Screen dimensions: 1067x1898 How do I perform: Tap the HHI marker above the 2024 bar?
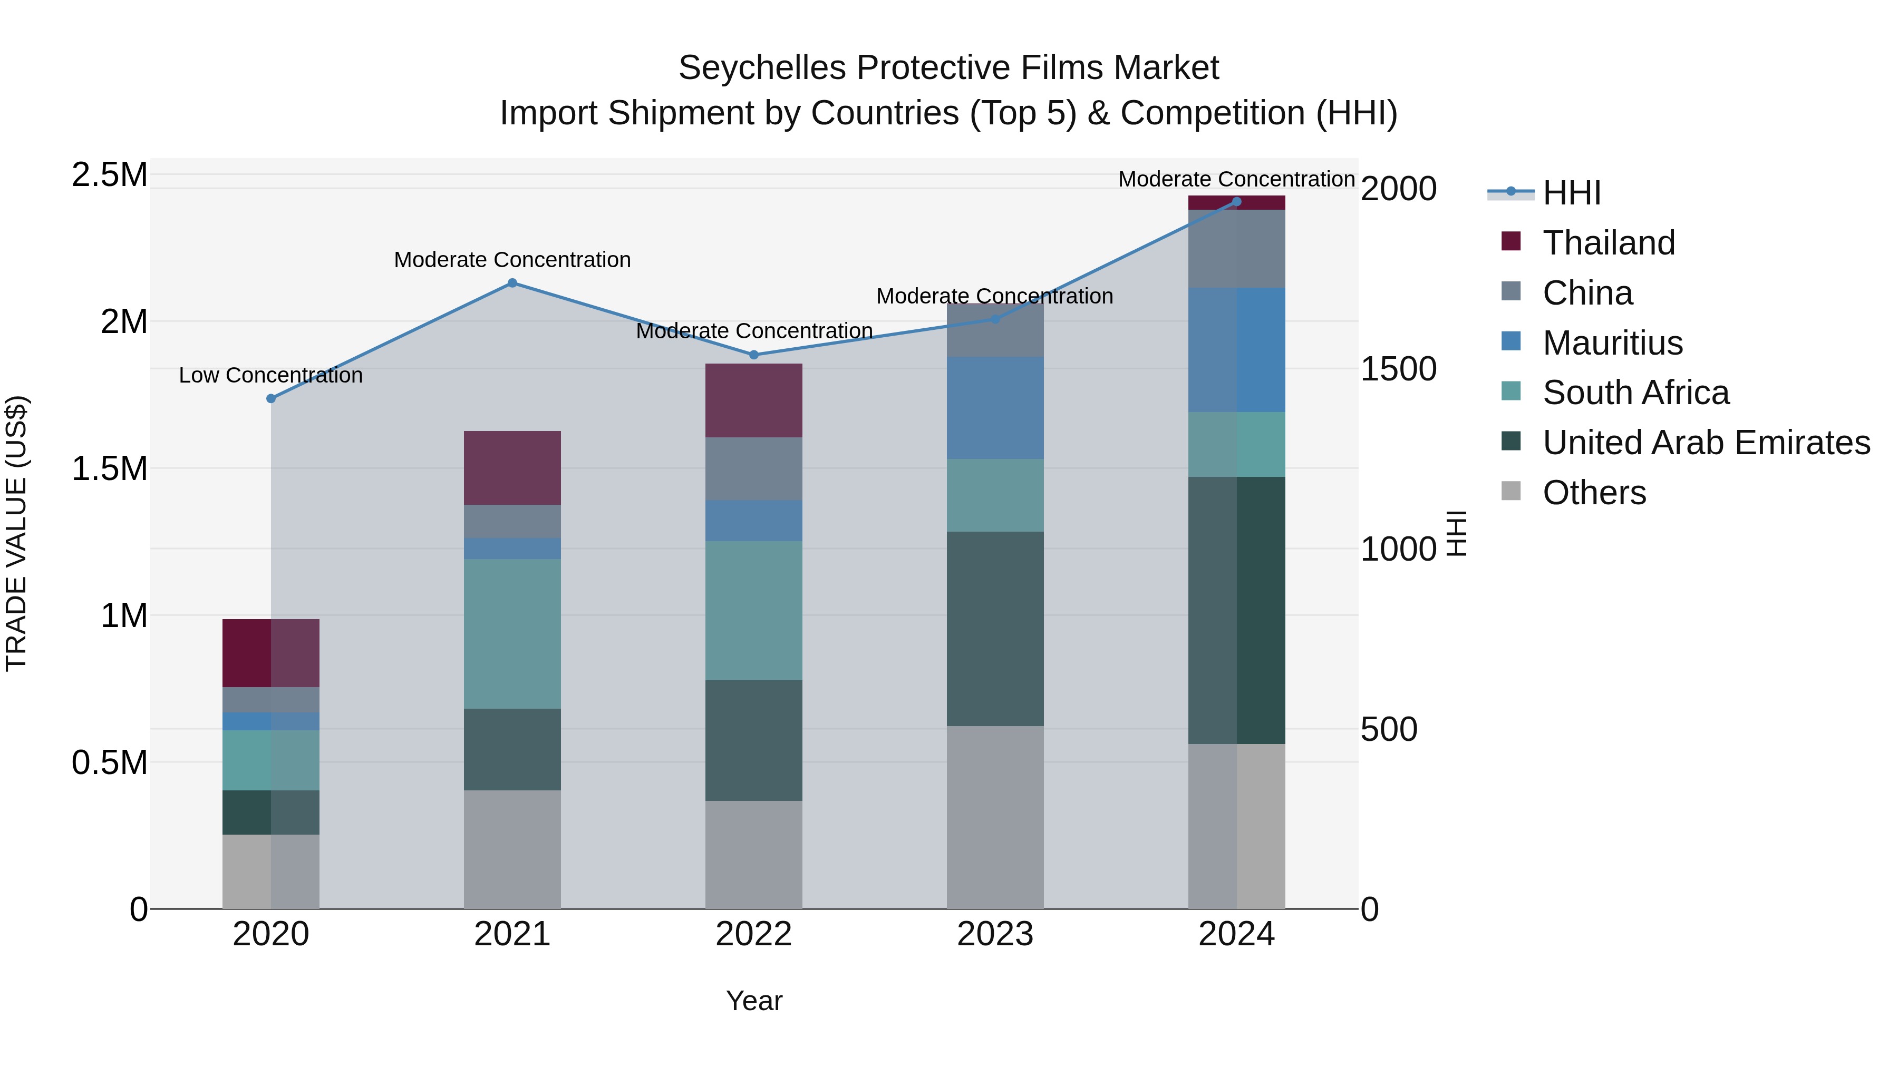tap(1236, 202)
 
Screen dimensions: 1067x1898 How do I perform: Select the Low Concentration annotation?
tap(270, 376)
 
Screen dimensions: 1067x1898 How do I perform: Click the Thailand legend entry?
tap(1609, 243)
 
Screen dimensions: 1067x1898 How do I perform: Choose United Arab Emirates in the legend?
tap(1706, 443)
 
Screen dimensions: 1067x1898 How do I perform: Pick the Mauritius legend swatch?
tap(1510, 341)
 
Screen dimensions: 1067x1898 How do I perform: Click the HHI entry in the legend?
tap(1571, 193)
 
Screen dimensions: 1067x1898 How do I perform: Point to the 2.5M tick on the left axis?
tap(109, 175)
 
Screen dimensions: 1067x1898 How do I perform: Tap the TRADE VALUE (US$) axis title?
tap(16, 533)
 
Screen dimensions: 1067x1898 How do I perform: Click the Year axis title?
tap(754, 1001)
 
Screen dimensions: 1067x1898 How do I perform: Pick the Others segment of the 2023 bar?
tap(995, 817)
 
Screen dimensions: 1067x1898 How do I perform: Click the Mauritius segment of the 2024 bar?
tap(1236, 350)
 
